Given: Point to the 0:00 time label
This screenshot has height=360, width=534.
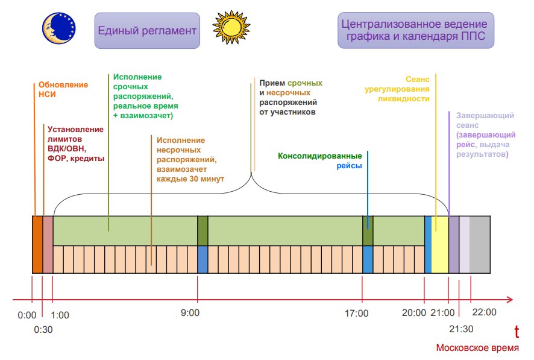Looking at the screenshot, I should pyautogui.click(x=27, y=314).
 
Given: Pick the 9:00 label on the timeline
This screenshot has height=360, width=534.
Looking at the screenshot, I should pyautogui.click(x=190, y=313).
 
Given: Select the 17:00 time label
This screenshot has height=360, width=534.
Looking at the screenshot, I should pyautogui.click(x=357, y=313).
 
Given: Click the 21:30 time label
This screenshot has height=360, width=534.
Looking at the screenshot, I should pyautogui.click(x=460, y=328).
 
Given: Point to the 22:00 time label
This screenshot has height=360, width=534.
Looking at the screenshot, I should pyautogui.click(x=484, y=312).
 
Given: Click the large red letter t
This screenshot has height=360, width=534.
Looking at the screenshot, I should pyautogui.click(x=517, y=331).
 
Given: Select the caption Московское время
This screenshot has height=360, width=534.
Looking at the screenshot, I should pyautogui.click(x=477, y=349).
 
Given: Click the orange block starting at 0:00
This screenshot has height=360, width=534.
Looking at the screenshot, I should pyautogui.click(x=37, y=244).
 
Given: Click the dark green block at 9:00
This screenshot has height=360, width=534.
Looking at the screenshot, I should pyautogui.click(x=203, y=230).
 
